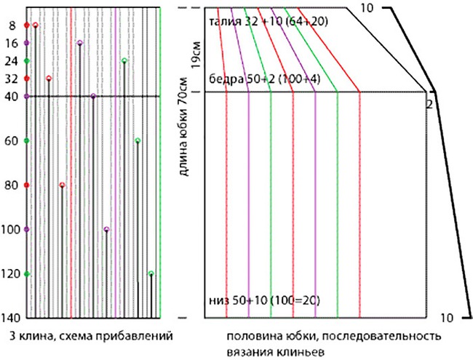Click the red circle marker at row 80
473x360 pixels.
pos(62,185)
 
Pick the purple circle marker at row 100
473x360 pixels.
pos(107,229)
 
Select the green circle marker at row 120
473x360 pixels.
pos(151,273)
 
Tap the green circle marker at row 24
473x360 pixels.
pos(124,60)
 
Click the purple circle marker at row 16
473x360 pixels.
pos(79,43)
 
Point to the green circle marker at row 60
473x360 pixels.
pos(138,140)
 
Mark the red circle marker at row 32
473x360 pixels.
pos(49,78)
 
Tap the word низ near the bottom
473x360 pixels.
pos(218,300)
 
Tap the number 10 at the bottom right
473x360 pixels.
pos(447,318)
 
